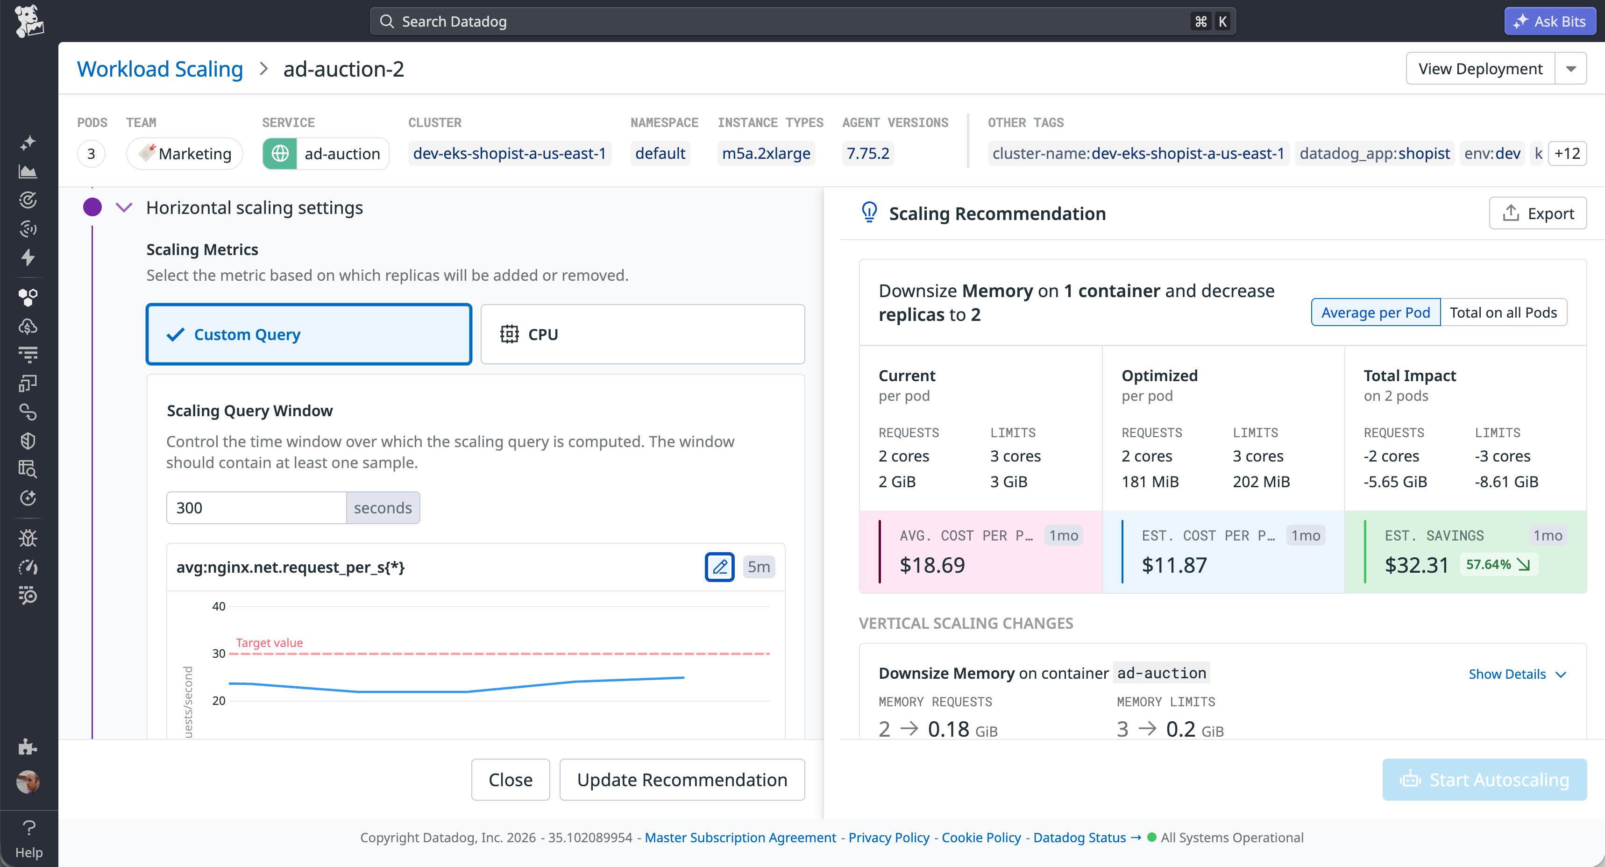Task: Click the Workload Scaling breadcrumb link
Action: point(159,69)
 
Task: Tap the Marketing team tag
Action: point(185,153)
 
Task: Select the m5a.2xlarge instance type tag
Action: point(766,153)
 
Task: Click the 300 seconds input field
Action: point(256,507)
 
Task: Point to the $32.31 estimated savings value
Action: point(1416,565)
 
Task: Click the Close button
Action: point(510,779)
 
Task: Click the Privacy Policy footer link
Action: point(888,837)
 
